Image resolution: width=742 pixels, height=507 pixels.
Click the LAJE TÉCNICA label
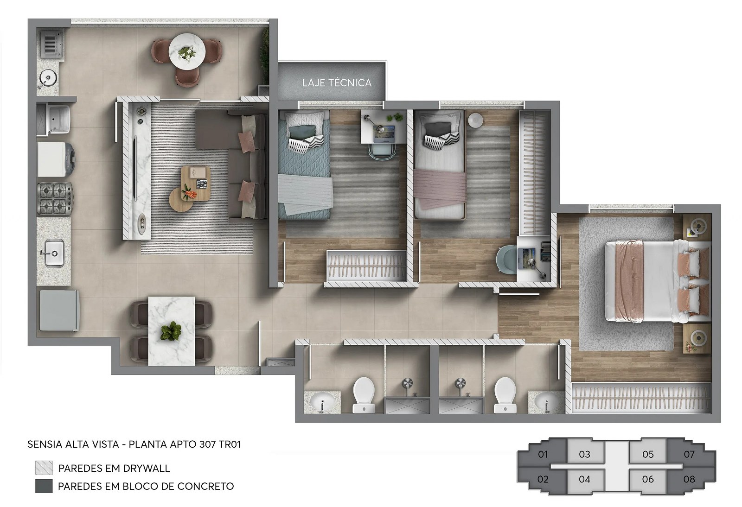click(x=337, y=83)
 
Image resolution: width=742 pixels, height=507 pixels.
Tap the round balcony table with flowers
click(x=187, y=51)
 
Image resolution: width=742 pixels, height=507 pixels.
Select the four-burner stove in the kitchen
click(x=55, y=198)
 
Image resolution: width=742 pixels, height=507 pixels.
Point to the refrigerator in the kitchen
click(x=59, y=311)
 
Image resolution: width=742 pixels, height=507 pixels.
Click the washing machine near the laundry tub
click(x=56, y=159)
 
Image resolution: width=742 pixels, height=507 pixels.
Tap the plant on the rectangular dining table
click(x=171, y=331)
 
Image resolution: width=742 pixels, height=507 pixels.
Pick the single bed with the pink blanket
click(x=440, y=165)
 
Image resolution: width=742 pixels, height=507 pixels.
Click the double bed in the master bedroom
click(x=658, y=281)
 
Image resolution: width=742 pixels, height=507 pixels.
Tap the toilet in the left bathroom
click(x=364, y=395)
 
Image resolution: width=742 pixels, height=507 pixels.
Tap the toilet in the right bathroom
click(x=505, y=395)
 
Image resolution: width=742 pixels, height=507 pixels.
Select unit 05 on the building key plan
click(x=647, y=454)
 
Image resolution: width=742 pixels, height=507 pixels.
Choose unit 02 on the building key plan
click(x=542, y=479)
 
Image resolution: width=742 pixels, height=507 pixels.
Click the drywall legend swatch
click(x=44, y=468)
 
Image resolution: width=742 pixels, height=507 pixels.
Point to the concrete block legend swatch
click(x=44, y=486)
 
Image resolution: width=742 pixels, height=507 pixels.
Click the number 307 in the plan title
click(x=207, y=444)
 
